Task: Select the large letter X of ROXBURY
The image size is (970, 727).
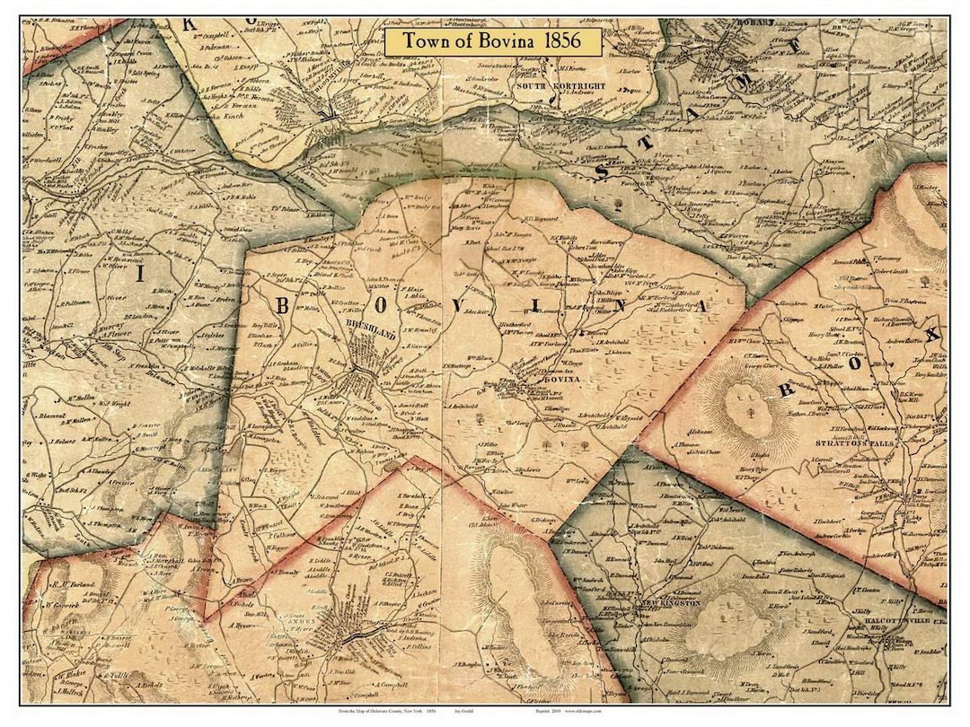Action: (931, 335)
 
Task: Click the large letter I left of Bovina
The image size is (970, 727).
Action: (139, 275)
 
